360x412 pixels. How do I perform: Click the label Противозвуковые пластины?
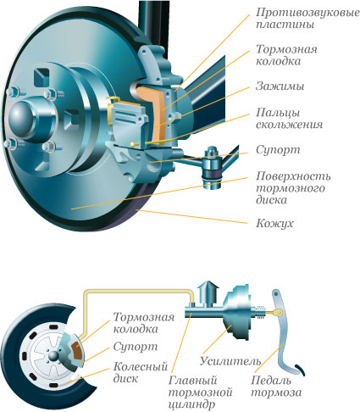click(307, 18)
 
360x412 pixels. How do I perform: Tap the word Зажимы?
click(280, 86)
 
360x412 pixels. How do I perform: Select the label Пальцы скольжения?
click(289, 119)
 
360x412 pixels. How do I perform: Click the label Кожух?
click(274, 223)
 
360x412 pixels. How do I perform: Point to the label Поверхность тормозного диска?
click(293, 188)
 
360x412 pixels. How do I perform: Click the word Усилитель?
click(230, 361)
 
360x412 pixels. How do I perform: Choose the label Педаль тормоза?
click(276, 387)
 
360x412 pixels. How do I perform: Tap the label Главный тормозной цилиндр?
click(200, 393)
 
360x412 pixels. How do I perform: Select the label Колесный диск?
click(141, 372)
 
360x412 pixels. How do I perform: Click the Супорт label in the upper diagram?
click(278, 150)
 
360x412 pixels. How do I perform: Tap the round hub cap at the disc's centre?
click(21, 118)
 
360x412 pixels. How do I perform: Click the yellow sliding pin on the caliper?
click(151, 142)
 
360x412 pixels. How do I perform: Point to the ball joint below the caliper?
click(212, 167)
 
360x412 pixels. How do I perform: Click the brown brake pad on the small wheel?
click(77, 350)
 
